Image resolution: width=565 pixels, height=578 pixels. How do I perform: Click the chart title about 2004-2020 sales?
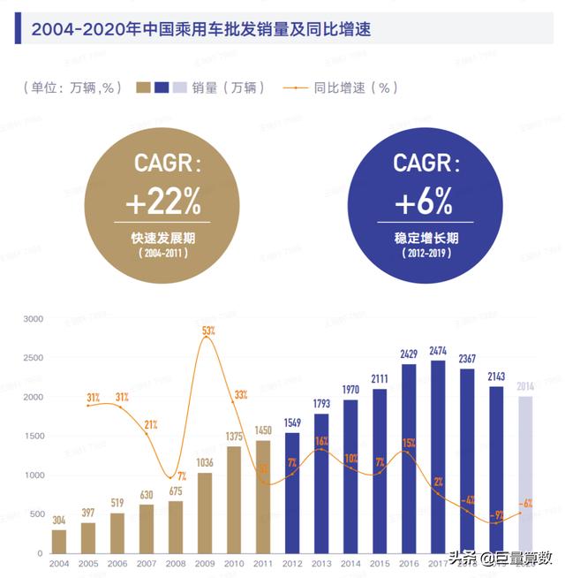[x=200, y=29]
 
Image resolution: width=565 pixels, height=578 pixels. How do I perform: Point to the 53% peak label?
[x=208, y=331]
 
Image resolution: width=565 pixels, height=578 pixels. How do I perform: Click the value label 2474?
[x=438, y=351]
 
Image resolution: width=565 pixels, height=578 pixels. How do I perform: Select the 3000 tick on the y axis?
[x=33, y=319]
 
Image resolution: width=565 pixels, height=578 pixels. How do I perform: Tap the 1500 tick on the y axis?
[x=33, y=437]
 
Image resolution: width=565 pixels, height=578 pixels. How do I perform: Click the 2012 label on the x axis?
[x=292, y=563]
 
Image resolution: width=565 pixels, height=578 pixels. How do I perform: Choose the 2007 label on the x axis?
[x=146, y=563]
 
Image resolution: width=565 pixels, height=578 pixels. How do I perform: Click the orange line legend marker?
[x=297, y=87]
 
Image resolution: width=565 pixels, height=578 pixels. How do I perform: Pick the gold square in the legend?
[x=143, y=87]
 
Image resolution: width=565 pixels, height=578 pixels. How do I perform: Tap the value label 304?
[x=58, y=520]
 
